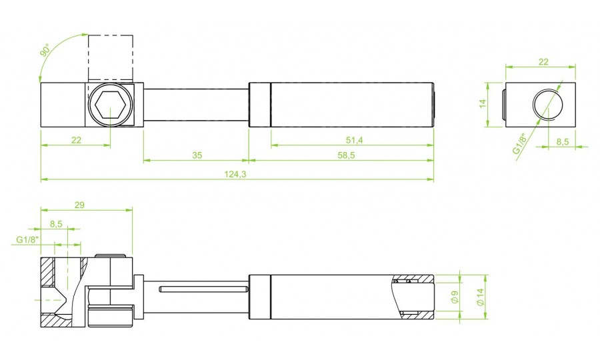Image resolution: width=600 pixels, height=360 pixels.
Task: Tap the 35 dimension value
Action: (197, 155)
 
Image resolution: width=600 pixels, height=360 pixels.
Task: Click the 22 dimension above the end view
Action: (543, 61)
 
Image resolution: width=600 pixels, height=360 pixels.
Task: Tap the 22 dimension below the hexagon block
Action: (75, 140)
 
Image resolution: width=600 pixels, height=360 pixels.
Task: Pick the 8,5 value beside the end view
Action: (563, 141)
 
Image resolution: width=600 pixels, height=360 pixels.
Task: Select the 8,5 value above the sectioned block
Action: (55, 225)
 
